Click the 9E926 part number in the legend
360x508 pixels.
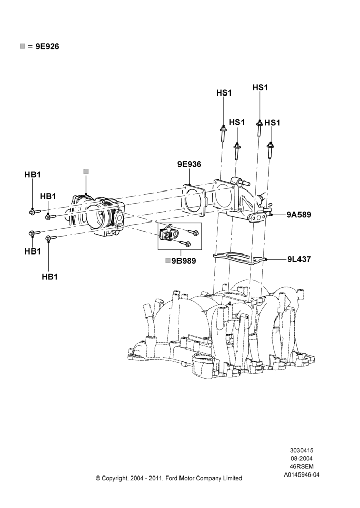[x=47, y=47]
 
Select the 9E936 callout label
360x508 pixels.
[x=189, y=164]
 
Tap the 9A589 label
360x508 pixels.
[x=298, y=215]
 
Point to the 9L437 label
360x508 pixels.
[x=299, y=259]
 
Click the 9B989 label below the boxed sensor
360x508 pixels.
[x=184, y=261]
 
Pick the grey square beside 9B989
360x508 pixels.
[x=168, y=261]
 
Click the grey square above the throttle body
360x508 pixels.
[x=86, y=171]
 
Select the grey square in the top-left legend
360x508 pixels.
[x=22, y=46]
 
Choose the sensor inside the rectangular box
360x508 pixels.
[x=168, y=234]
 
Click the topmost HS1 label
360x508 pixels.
[x=260, y=88]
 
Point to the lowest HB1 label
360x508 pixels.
[x=50, y=277]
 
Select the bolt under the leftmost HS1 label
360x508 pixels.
[x=223, y=133]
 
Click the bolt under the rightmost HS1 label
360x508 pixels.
[x=269, y=150]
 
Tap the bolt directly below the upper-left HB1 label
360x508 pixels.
[x=35, y=212]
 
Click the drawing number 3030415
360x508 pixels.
[x=302, y=450]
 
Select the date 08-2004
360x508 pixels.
[x=302, y=458]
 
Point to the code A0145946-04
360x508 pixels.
[x=302, y=475]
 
